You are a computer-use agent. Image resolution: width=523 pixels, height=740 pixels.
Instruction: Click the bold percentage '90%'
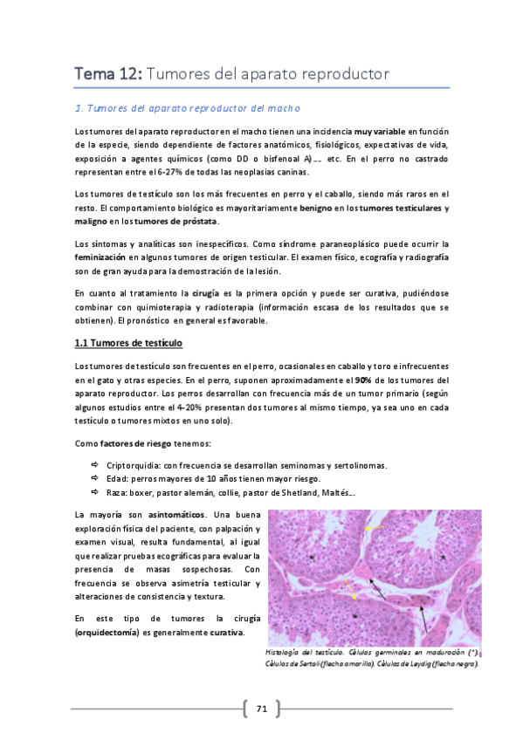366,381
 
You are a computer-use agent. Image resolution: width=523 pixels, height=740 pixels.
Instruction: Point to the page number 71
261,709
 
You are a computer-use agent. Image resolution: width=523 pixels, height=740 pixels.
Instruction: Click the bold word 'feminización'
99,258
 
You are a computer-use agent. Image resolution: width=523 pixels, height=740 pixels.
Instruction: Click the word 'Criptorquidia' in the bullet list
132,465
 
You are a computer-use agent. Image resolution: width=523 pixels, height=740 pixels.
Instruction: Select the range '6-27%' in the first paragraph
194,173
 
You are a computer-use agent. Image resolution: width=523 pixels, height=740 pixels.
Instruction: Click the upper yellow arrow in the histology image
375,530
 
